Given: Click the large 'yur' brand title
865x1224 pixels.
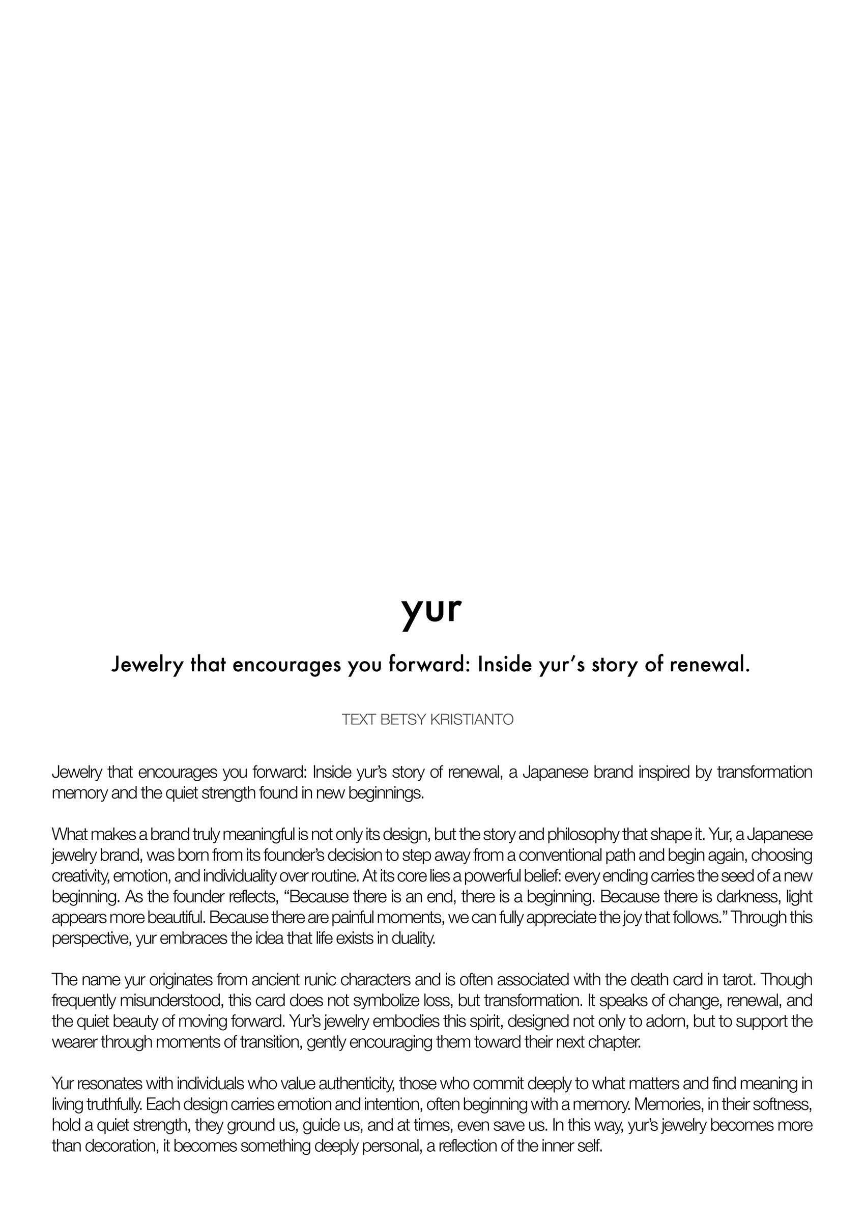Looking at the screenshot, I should click(431, 610).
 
